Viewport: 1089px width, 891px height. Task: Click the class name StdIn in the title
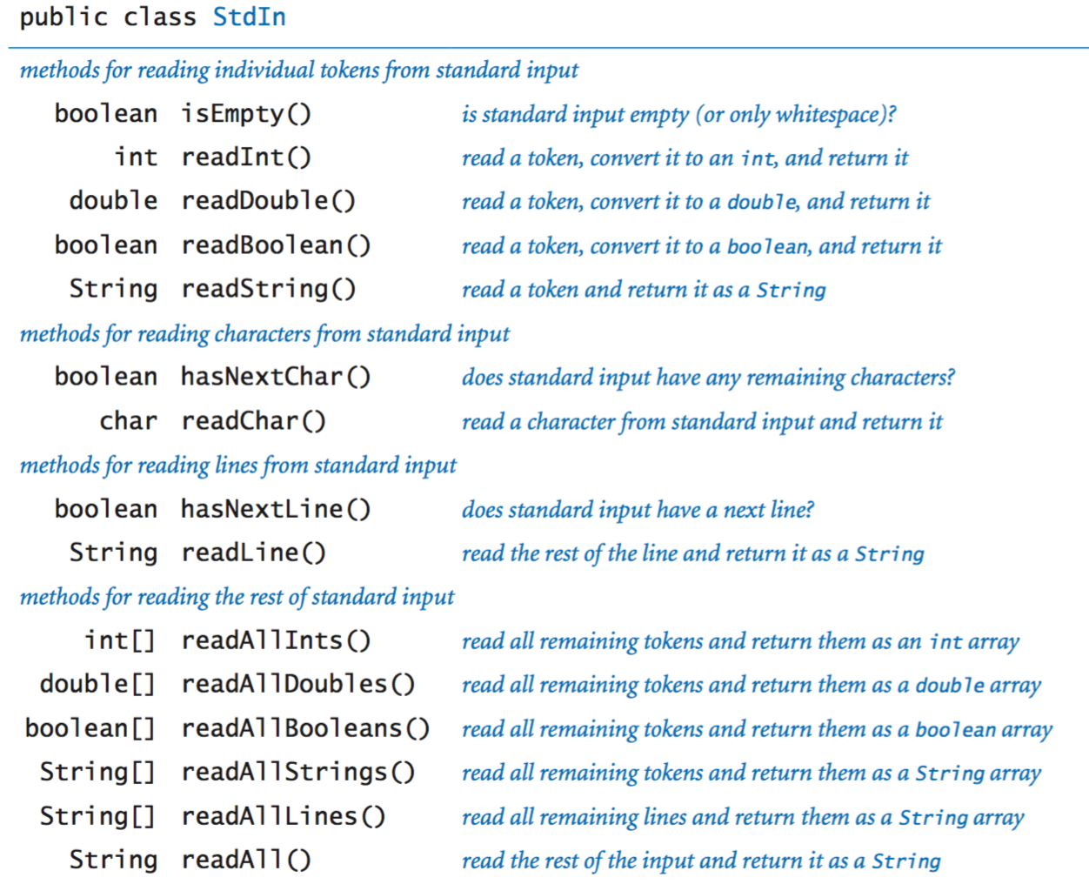coord(249,17)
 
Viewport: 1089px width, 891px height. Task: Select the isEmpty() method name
coord(246,114)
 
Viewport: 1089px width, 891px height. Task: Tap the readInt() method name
coord(246,157)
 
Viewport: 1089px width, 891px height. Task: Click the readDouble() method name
coord(268,201)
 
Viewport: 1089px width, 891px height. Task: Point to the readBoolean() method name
coord(276,245)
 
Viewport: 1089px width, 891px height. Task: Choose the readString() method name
coord(268,289)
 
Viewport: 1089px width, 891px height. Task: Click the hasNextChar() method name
coord(276,377)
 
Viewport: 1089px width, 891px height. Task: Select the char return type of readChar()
coord(128,421)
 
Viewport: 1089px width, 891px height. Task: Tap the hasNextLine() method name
coord(276,509)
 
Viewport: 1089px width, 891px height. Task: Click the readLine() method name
coord(253,553)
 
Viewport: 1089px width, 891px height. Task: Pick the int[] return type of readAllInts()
coord(120,640)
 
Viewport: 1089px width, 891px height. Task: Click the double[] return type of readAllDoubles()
coord(97,684)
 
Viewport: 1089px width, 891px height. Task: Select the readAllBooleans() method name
coord(305,728)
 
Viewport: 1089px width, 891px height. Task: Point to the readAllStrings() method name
coord(297,772)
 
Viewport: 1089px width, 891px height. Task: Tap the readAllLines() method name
coord(283,816)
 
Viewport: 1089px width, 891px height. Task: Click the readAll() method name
coord(246,860)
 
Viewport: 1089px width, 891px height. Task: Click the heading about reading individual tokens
coord(298,70)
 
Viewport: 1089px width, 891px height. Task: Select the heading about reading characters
coord(264,334)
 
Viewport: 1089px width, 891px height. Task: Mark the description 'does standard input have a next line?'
coord(638,510)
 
